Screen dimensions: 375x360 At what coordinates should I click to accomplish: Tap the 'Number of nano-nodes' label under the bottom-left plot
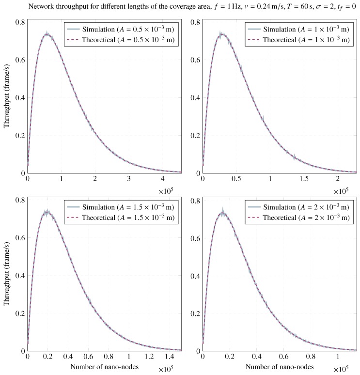[104, 367]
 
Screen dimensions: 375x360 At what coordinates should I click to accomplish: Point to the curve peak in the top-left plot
[47, 34]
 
